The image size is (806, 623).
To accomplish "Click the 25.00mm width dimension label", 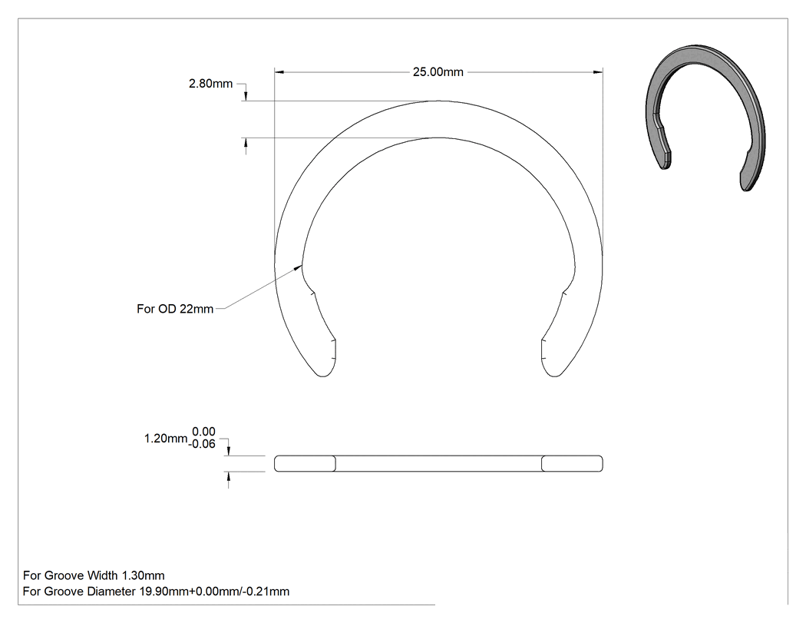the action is pyautogui.click(x=438, y=72).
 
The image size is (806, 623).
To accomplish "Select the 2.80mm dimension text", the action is pyautogui.click(x=211, y=83).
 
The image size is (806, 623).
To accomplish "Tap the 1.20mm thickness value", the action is pyautogui.click(x=166, y=439).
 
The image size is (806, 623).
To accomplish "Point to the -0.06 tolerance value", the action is pyautogui.click(x=201, y=444).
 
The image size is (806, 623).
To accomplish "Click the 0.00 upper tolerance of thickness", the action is pyautogui.click(x=203, y=432).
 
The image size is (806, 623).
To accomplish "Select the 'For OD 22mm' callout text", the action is pyautogui.click(x=175, y=309).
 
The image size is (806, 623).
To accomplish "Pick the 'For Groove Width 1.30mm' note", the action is pyautogui.click(x=94, y=575).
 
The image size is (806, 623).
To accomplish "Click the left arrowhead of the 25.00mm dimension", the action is pyautogui.click(x=279, y=72).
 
